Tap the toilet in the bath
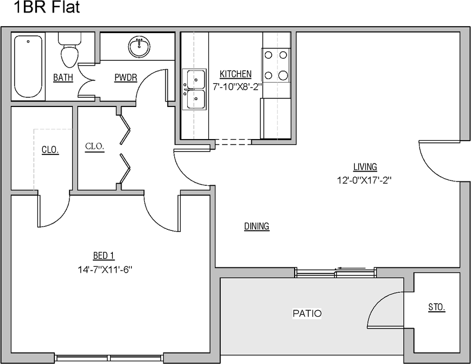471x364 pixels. pos(69,50)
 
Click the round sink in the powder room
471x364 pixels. pos(140,47)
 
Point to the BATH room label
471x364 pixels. pos(63,78)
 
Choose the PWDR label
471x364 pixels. pos(125,78)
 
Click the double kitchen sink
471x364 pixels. pos(194,90)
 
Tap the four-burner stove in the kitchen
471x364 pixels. pos(276,65)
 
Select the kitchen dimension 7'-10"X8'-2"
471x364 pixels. pos(237,86)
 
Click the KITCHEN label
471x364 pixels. pos(235,74)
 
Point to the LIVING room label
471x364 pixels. pos(365,167)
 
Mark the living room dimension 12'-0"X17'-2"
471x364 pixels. pos(364,180)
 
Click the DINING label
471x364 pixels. pos(257,227)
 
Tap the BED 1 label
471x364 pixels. pos(104,255)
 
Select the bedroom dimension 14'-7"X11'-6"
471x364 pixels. pos(105,268)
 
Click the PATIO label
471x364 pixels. pos(307,313)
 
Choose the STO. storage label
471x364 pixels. pos(436,307)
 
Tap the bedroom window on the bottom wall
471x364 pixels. pos(109,358)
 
